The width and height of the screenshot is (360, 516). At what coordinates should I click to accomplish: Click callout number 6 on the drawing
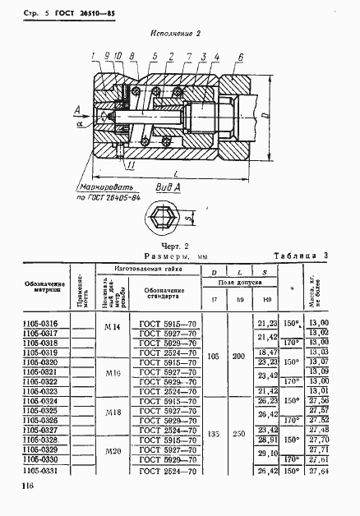tap(239, 56)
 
